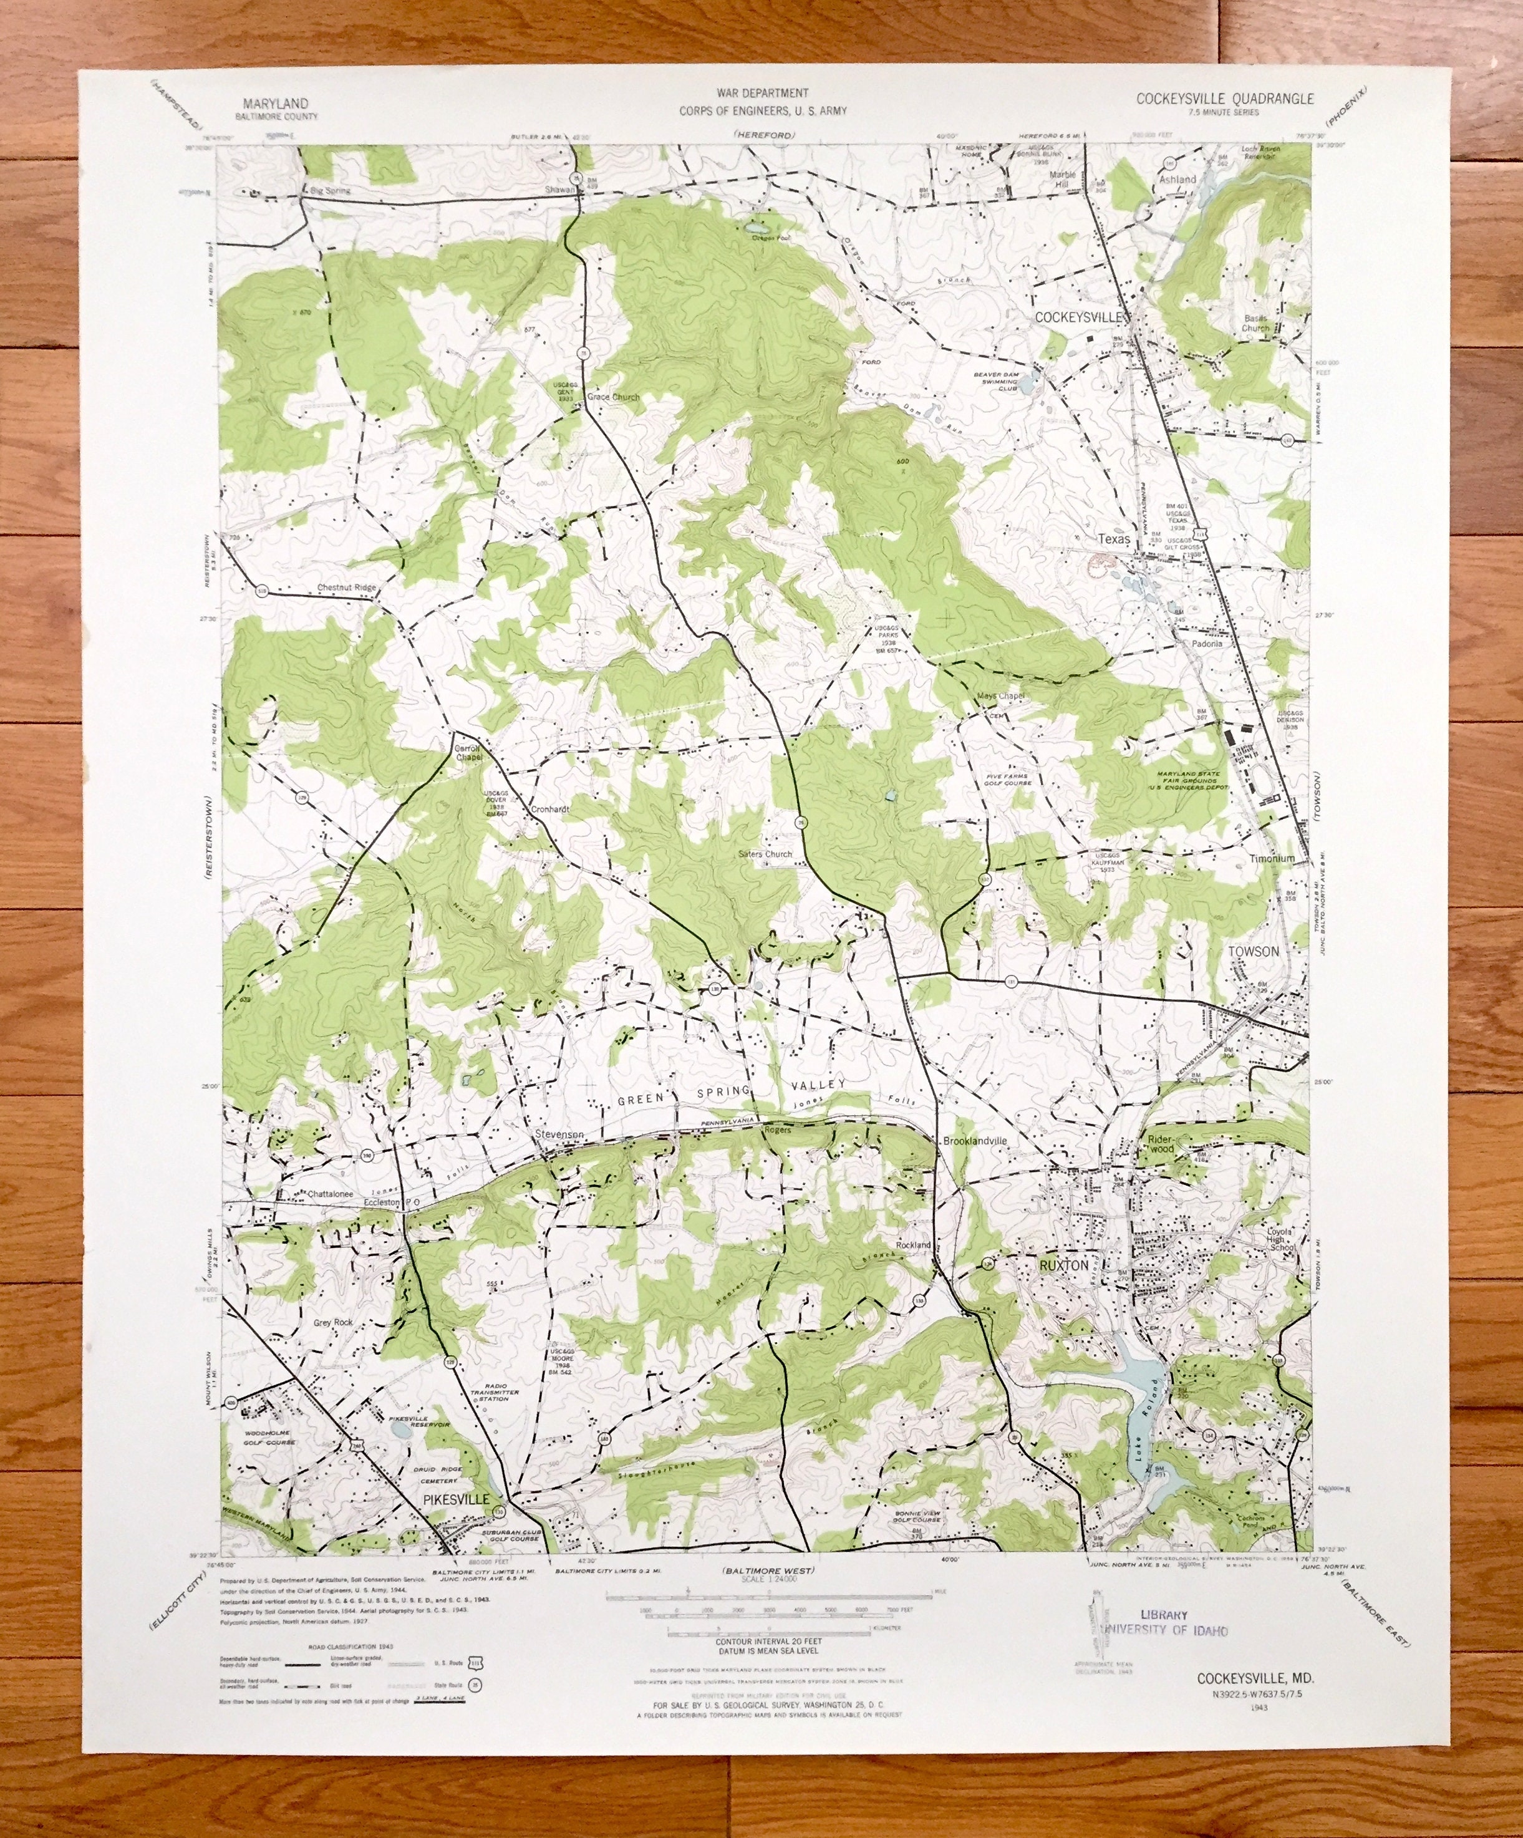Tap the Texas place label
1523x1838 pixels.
click(x=1114, y=540)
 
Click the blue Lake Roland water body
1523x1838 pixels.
click(x=1138, y=1383)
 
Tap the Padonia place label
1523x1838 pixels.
click(x=1206, y=643)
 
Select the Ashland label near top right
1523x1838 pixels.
click(x=1177, y=180)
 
